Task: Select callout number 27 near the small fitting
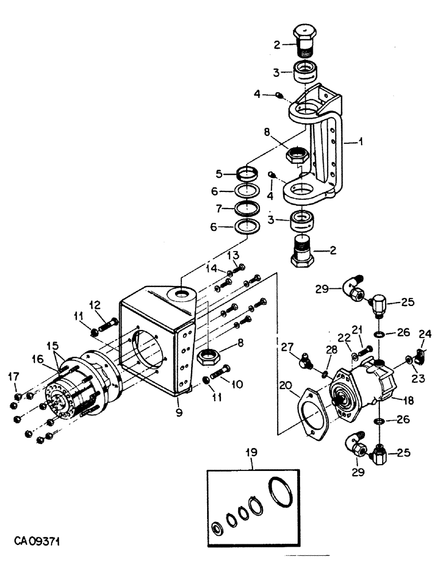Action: [287, 347]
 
